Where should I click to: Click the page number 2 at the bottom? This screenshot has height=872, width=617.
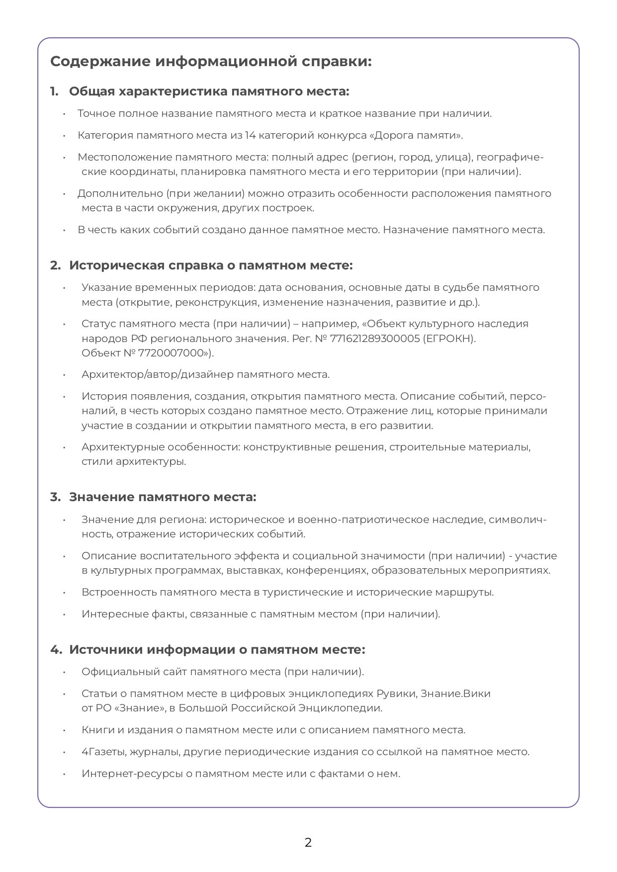pos(308,842)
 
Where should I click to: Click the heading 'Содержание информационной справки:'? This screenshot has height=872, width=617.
pos(211,62)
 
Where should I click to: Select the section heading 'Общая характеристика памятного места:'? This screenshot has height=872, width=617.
pos(209,91)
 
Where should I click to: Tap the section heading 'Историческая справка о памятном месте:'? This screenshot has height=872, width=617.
pos(211,265)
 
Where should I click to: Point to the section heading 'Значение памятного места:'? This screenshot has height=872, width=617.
pos(163,497)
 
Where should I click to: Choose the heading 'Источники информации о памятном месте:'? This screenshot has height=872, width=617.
pos(217,650)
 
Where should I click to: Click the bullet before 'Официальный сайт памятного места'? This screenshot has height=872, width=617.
pos(64,672)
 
